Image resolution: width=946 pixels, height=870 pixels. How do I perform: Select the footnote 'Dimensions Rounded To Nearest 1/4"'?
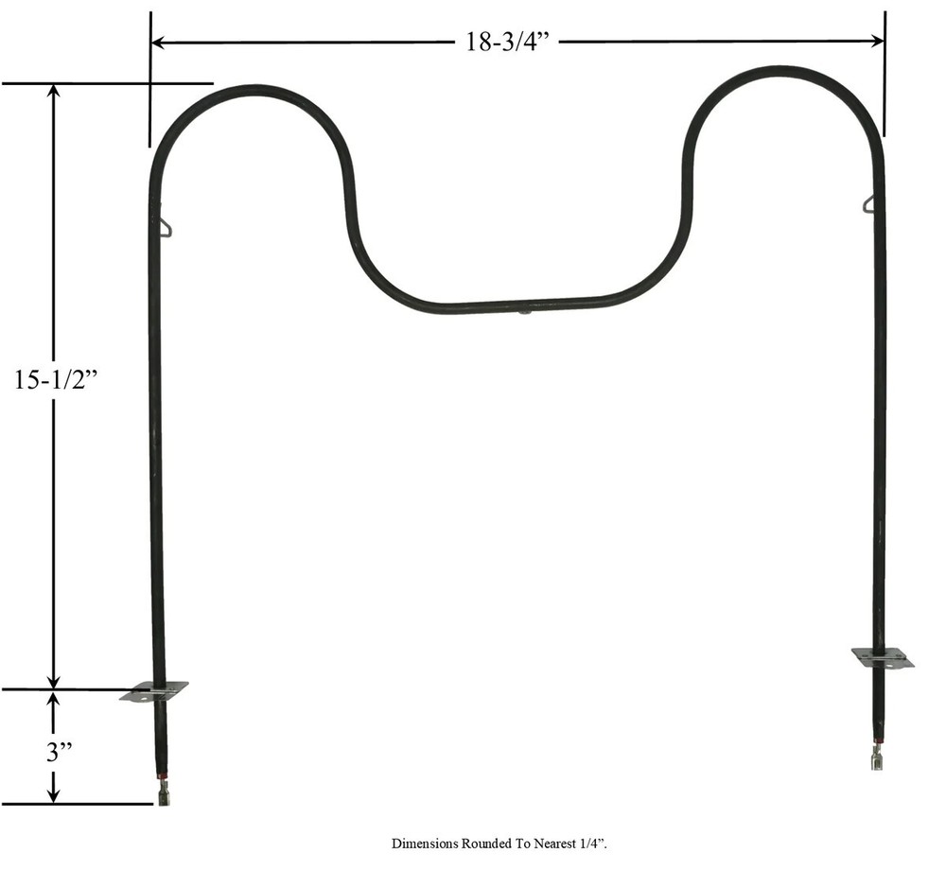tap(506, 843)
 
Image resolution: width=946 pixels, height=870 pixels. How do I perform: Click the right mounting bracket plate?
tap(883, 657)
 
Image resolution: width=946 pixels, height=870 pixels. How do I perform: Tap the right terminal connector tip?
tap(876, 759)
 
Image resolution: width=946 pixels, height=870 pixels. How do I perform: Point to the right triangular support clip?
tap(868, 203)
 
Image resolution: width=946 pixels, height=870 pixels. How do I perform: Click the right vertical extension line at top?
tap(885, 76)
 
